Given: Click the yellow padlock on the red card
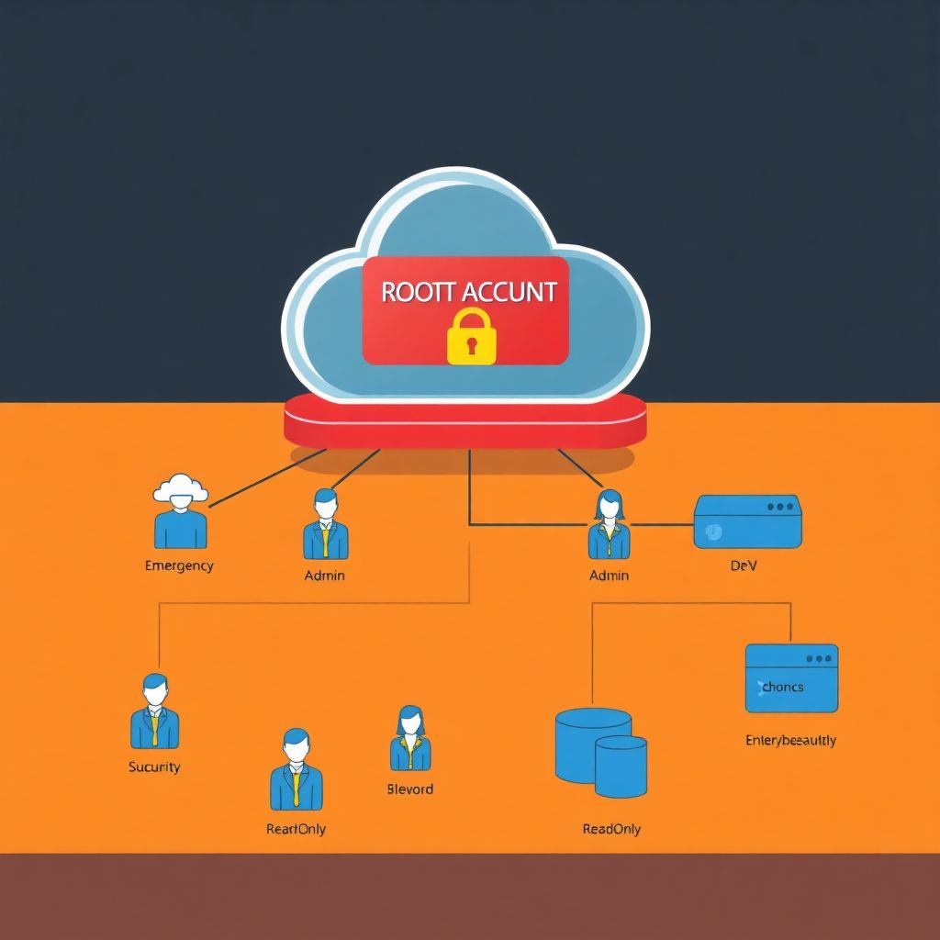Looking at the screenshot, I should tap(471, 337).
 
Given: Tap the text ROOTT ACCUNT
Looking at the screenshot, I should tap(468, 292).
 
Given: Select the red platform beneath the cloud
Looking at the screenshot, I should tap(465, 423).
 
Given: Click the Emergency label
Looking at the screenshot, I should tap(179, 565).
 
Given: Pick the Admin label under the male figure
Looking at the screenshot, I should tap(324, 576).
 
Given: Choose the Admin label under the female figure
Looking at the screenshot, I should tap(609, 576).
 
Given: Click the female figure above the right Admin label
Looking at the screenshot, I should tap(609, 524).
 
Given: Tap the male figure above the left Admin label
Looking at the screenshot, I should tap(325, 524).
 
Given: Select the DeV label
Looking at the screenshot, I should tap(743, 566).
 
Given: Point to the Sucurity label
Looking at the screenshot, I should tap(154, 767).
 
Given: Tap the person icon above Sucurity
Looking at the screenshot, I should tap(154, 711).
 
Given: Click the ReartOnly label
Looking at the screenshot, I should tap(296, 829).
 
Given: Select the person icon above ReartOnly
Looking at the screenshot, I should tap(296, 769).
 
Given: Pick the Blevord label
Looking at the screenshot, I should tap(409, 789).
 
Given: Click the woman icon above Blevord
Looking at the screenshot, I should tap(409, 738).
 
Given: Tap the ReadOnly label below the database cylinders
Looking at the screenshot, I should tap(611, 829).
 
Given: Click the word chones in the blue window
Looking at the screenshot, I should tap(782, 687).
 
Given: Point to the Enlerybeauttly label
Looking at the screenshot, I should tap(790, 740).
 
